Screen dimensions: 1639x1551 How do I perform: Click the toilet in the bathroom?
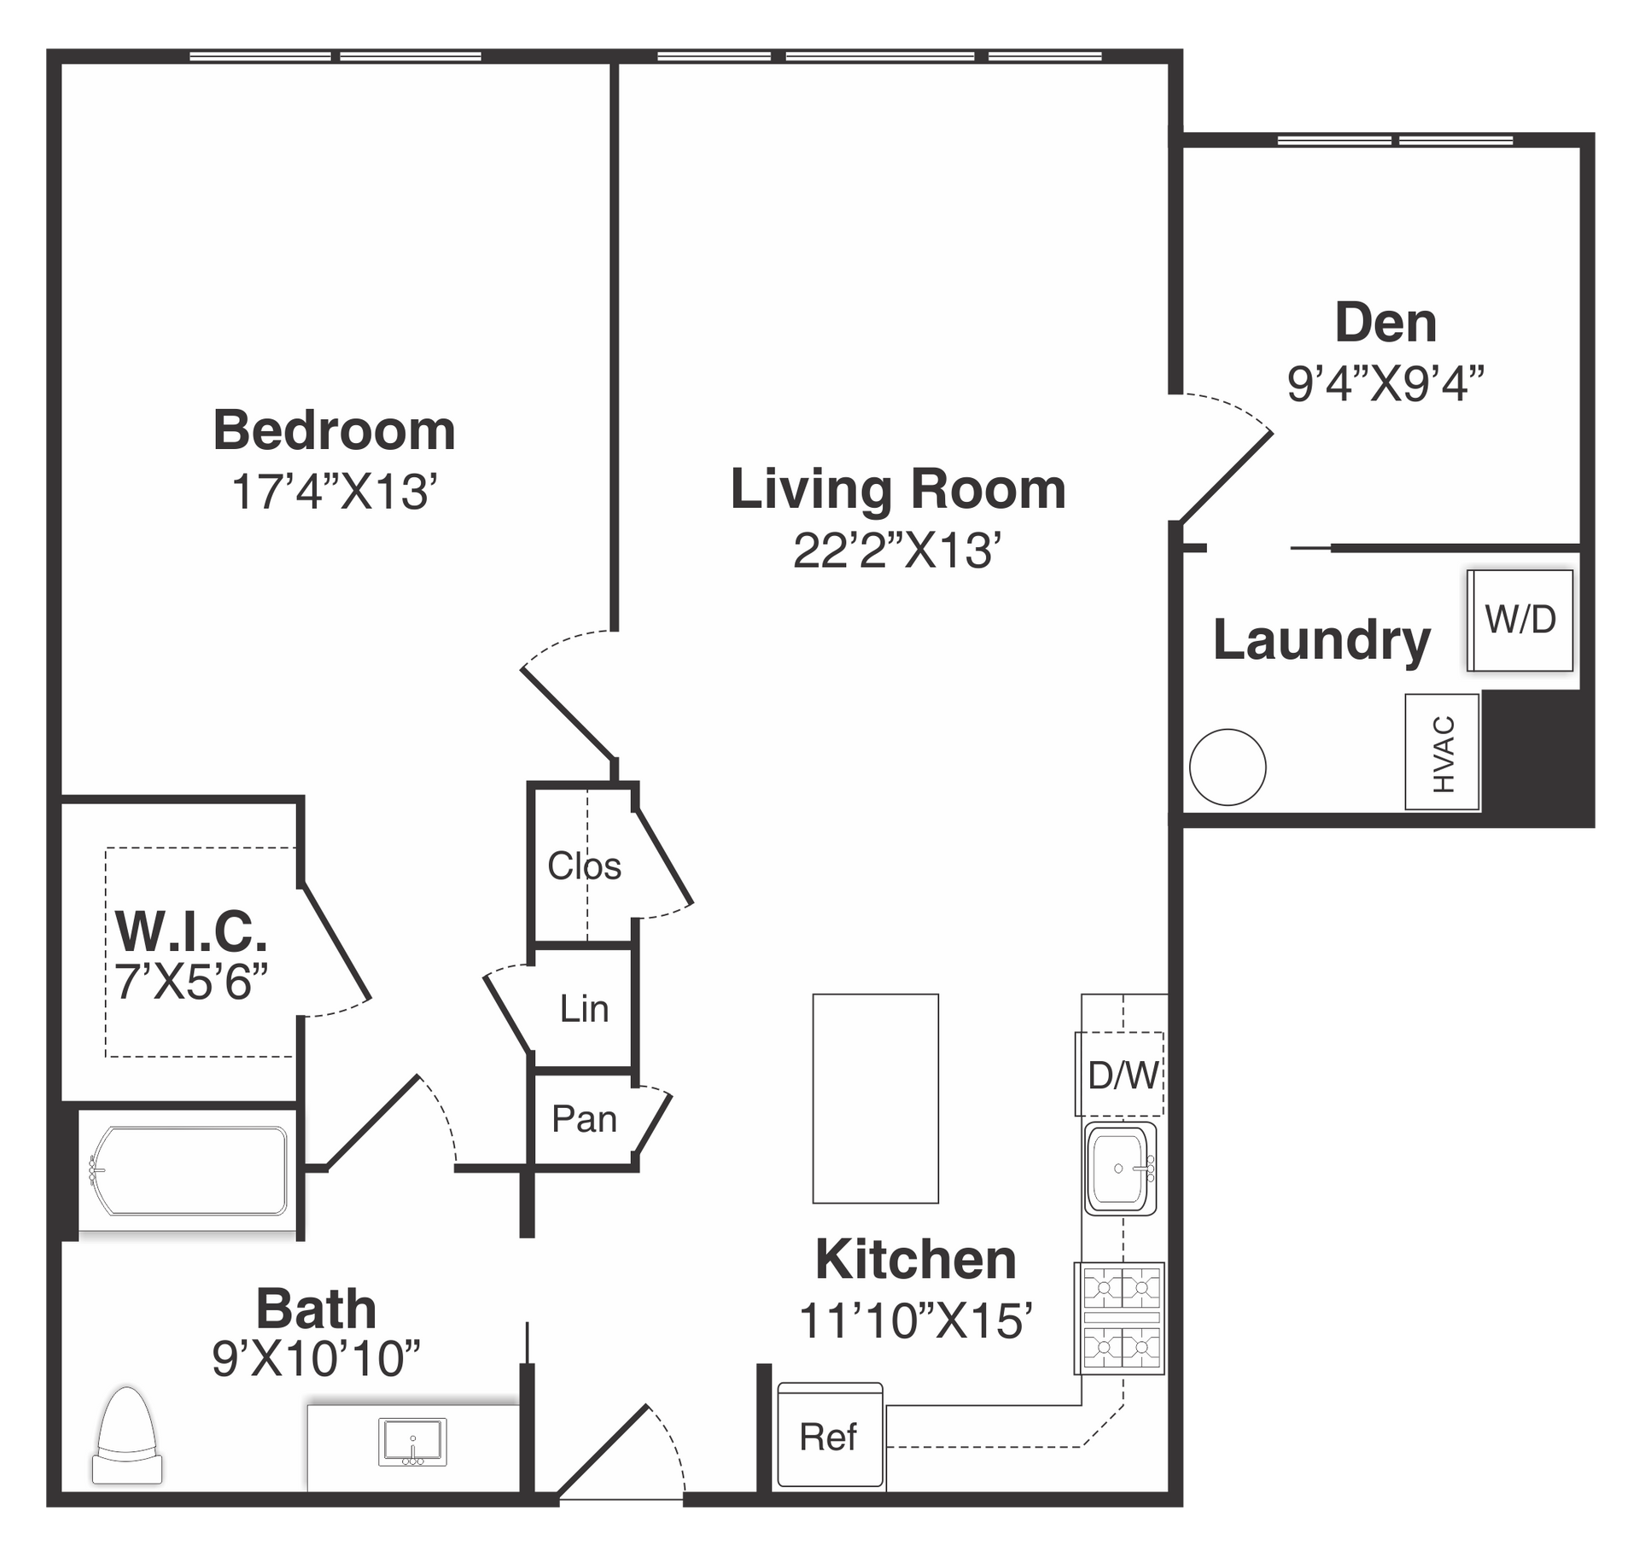pyautogui.click(x=127, y=1436)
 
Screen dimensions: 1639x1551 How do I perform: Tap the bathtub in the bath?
pyautogui.click(x=188, y=1170)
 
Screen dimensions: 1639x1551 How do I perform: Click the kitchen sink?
pyautogui.click(x=1120, y=1169)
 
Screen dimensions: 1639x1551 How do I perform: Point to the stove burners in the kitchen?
pyautogui.click(x=1120, y=1319)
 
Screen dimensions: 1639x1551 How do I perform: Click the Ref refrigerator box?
pyautogui.click(x=830, y=1435)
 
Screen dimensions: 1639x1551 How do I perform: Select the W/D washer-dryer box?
pyautogui.click(x=1520, y=620)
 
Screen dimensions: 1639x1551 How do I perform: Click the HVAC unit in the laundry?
pyautogui.click(x=1443, y=752)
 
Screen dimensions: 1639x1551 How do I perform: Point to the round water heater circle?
pyautogui.click(x=1228, y=767)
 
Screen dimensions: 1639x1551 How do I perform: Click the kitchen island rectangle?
pyautogui.click(x=876, y=1099)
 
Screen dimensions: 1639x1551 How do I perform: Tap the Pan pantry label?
pyautogui.click(x=584, y=1118)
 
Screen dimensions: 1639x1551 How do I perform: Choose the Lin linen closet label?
pyautogui.click(x=584, y=1009)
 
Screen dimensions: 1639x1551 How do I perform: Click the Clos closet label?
pyautogui.click(x=584, y=866)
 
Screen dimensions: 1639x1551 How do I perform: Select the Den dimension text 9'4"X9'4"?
pyautogui.click(x=1385, y=383)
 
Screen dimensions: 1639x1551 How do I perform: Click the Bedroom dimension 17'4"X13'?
pyautogui.click(x=335, y=492)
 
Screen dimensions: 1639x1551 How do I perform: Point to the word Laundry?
pyautogui.click(x=1321, y=640)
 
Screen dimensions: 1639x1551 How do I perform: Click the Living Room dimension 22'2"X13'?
pyautogui.click(x=896, y=550)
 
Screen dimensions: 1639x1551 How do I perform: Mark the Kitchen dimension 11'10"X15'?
pyautogui.click(x=916, y=1321)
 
